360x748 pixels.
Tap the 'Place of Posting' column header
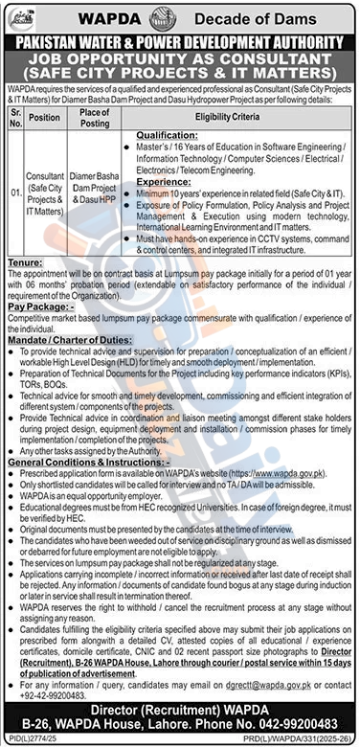click(96, 116)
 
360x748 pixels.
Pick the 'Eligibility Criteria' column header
click(237, 116)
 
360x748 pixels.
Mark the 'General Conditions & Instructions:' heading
click(82, 462)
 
